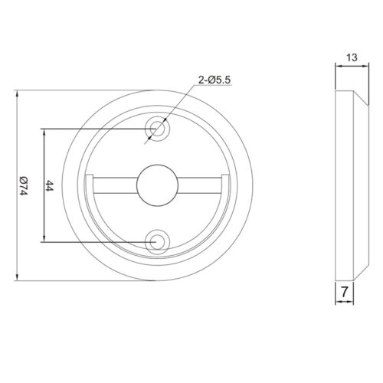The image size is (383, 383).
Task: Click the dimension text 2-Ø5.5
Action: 214,80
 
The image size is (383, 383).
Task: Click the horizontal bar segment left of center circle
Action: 115,181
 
